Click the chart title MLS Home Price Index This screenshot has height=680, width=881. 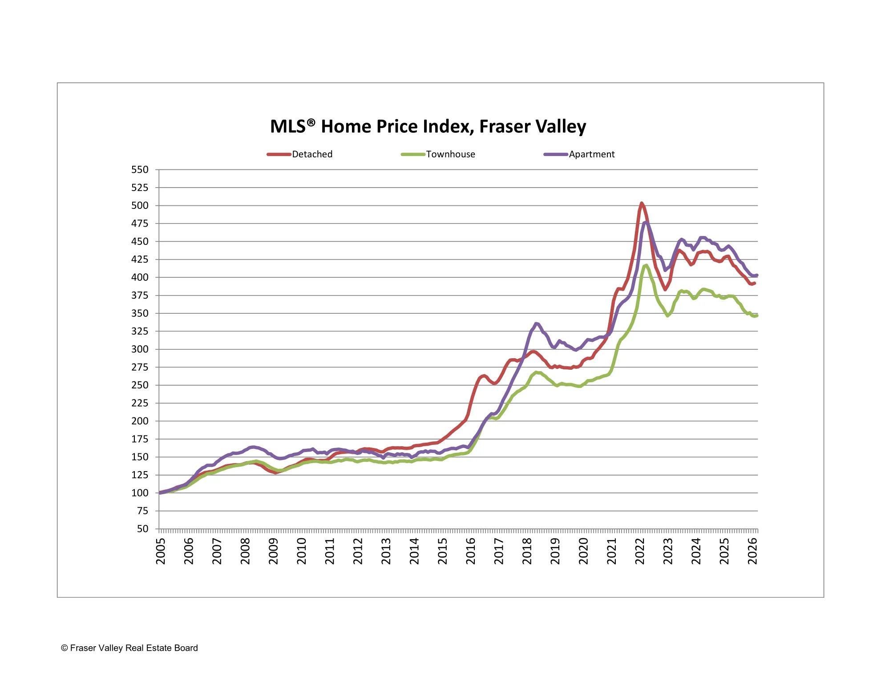click(x=428, y=127)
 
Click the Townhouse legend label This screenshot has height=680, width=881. click(x=450, y=154)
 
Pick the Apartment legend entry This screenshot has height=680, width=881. click(x=591, y=154)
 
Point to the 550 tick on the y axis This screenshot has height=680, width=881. click(x=140, y=170)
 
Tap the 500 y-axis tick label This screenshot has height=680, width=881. click(x=140, y=205)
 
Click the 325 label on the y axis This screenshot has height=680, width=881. click(x=140, y=331)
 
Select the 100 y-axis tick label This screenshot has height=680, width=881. click(x=140, y=493)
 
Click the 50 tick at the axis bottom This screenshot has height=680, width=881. click(x=142, y=529)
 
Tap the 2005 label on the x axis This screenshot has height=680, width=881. click(x=161, y=551)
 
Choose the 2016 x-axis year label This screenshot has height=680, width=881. click(x=471, y=551)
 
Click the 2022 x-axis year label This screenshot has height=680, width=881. click(x=640, y=551)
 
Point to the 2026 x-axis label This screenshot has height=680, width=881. click(x=752, y=551)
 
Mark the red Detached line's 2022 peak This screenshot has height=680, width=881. click(x=641, y=203)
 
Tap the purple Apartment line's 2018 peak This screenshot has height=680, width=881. click(x=536, y=324)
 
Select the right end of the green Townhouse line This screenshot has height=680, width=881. click(x=757, y=316)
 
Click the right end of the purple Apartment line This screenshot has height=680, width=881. click(x=757, y=275)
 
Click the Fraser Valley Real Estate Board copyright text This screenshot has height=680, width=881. click(x=129, y=648)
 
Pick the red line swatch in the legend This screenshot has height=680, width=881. click(x=279, y=154)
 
